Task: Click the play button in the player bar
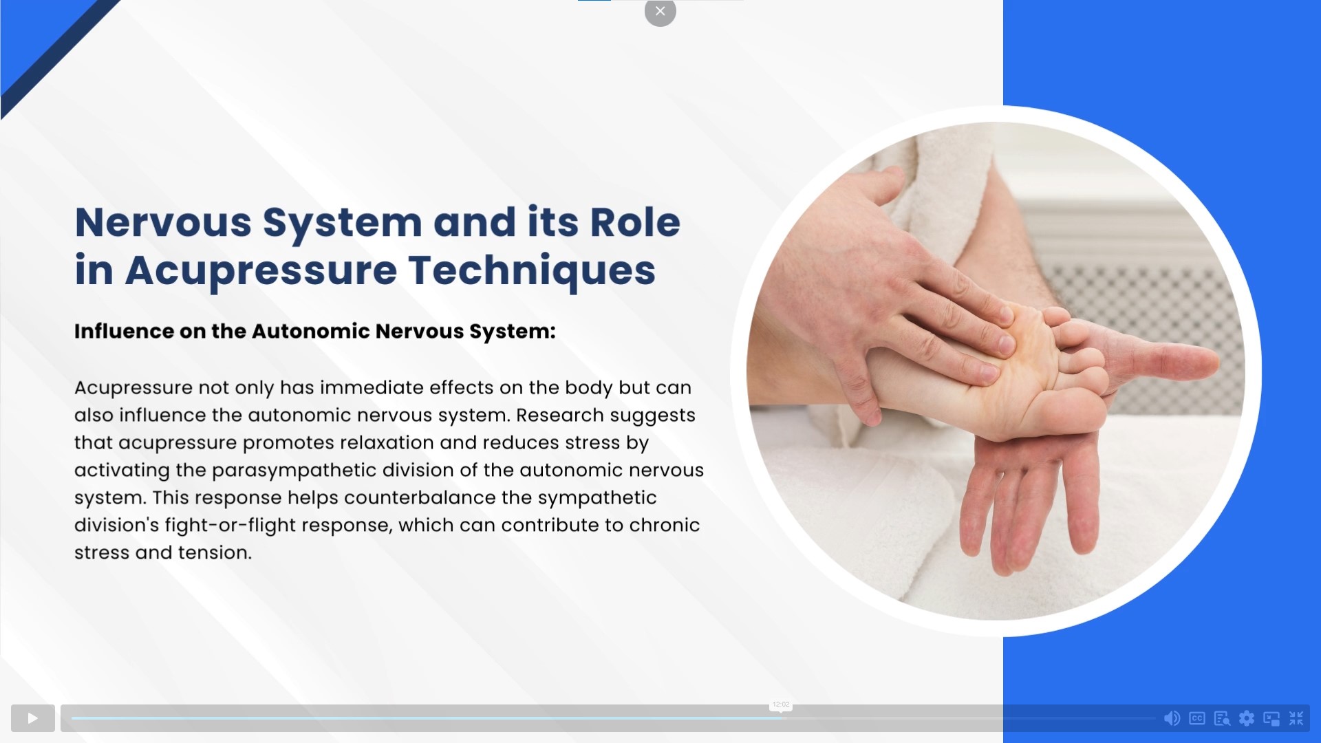[x=32, y=718]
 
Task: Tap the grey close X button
[x=660, y=11]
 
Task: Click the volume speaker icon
[x=1172, y=718]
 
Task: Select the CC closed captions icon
[x=1197, y=718]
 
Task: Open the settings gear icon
[x=1247, y=718]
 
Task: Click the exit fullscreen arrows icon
[x=1296, y=718]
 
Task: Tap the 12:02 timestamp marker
[x=781, y=704]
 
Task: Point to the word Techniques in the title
[x=532, y=270]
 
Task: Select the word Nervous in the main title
[x=163, y=222]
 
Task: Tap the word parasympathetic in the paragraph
[x=294, y=471]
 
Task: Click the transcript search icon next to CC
[x=1222, y=718]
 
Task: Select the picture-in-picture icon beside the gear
[x=1271, y=718]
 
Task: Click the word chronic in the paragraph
[x=665, y=525]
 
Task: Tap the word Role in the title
[x=635, y=222]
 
